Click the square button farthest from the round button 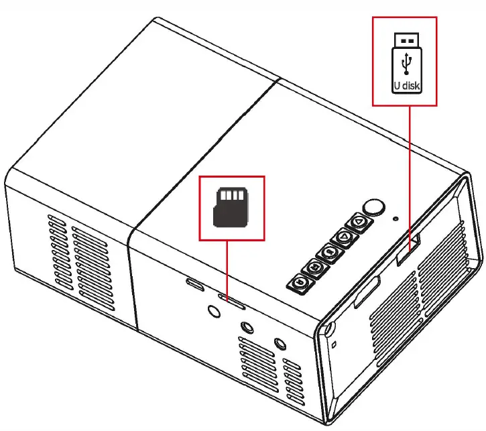click(300, 283)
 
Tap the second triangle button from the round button click(343, 237)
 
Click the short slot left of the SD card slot click(195, 284)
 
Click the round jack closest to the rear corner click(281, 343)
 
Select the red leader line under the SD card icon click(228, 268)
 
